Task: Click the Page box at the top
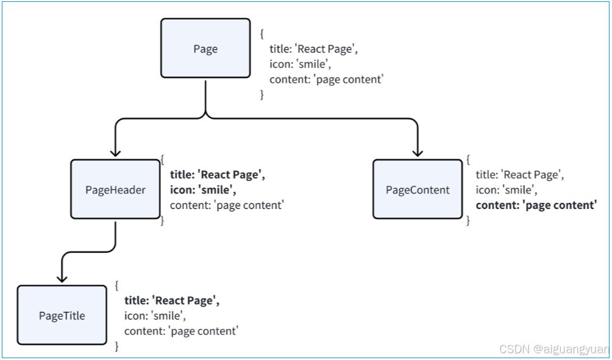205,49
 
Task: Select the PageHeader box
115,189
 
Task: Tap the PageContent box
418,189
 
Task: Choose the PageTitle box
62,316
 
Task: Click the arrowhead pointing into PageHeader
115,153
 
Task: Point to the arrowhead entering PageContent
418,153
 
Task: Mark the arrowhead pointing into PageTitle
62,278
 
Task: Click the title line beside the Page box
313,49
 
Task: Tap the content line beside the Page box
327,79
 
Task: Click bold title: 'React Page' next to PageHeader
218,175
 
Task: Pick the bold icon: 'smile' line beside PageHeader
203,189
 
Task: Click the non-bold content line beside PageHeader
227,205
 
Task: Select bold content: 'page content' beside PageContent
535,205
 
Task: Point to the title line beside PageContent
519,175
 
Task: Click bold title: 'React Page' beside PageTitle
172,300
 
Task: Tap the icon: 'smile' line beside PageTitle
155,316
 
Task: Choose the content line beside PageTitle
181,331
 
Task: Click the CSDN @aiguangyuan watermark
553,350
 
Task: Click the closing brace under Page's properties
262,94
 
